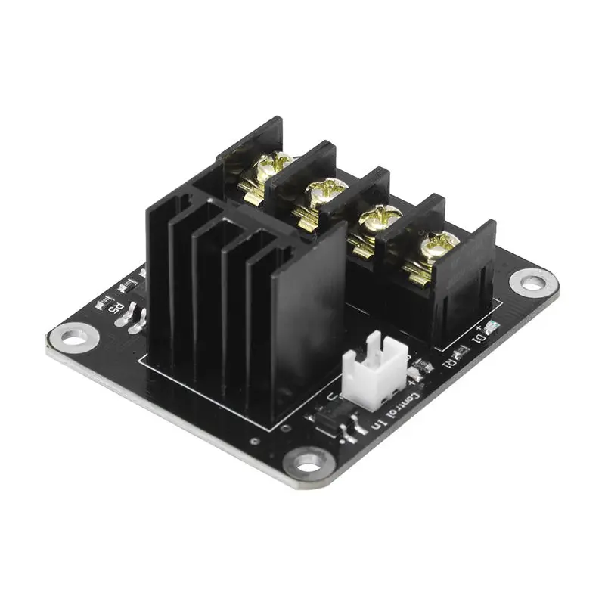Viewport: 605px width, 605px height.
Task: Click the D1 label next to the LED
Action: [478, 339]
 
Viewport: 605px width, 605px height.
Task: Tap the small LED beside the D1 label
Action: [492, 327]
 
